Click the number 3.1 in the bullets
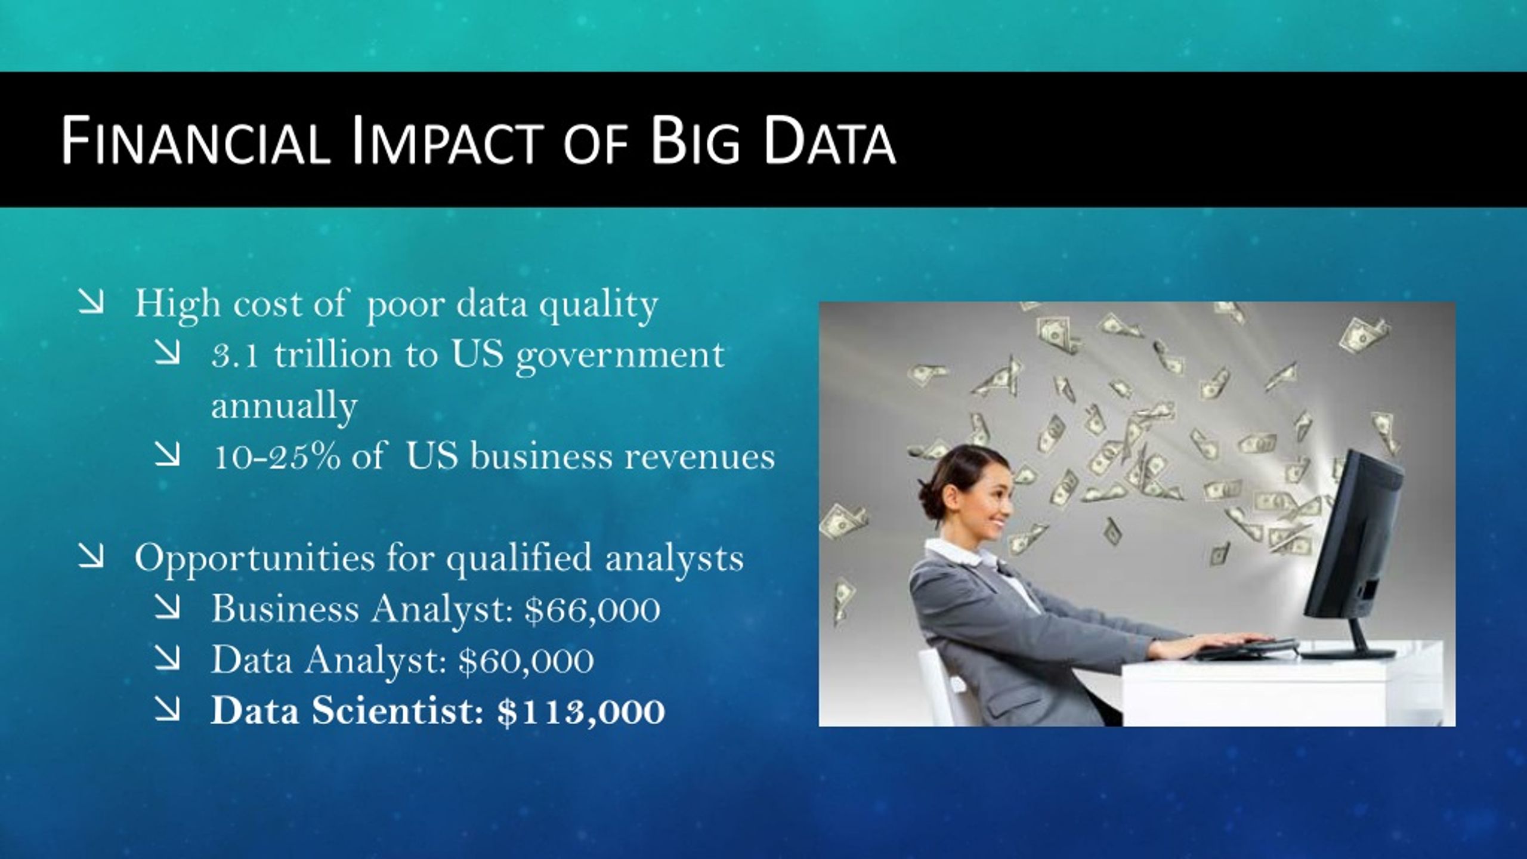(x=234, y=356)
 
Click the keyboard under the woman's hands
(x=1247, y=648)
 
